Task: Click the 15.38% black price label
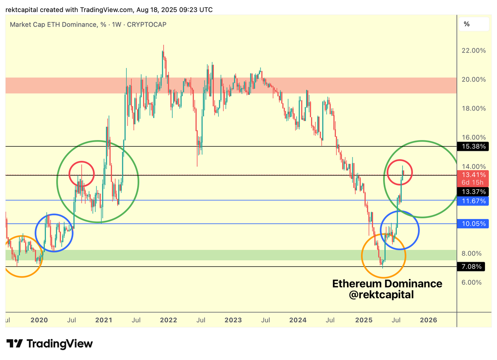coord(473,146)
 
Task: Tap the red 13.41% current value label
coord(473,175)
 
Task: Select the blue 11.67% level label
coord(473,201)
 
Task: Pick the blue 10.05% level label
coord(473,224)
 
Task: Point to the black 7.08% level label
coord(473,267)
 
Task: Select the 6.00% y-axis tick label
coord(472,283)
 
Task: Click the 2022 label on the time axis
coord(169,320)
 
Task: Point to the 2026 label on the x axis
coord(429,320)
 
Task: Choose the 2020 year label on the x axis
coord(39,320)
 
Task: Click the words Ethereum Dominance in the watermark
coord(387,284)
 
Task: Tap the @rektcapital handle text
coord(387,295)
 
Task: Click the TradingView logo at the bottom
coord(50,343)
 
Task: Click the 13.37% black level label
coord(473,191)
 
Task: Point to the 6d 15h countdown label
coord(473,183)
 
